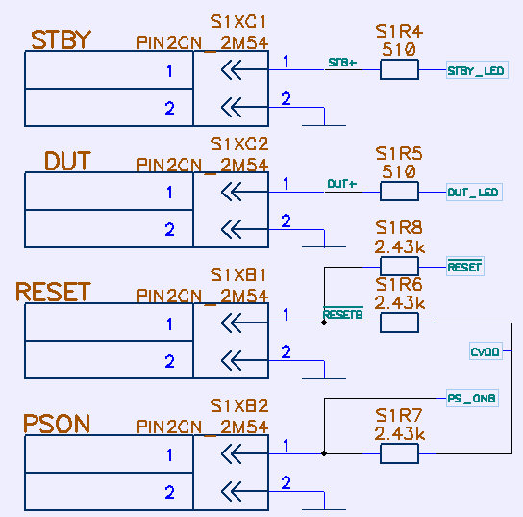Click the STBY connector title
tap(61, 39)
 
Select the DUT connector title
tap(67, 161)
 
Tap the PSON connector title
tap(57, 424)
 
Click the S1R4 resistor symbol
tap(399, 69)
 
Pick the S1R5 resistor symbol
tap(399, 192)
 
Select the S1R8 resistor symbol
tap(399, 267)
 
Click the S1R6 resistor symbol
tap(399, 323)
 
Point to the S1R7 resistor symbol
tap(399, 453)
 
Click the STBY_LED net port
tap(477, 70)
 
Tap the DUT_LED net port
tap(474, 192)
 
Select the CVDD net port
tap(486, 351)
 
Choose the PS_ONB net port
tap(472, 399)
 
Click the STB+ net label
tap(342, 63)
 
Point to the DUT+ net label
tap(342, 184)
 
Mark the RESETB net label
tap(343, 314)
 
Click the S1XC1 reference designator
tap(238, 22)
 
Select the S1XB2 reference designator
tap(239, 406)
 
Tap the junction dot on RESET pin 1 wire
tap(324, 323)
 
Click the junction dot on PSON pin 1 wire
tap(324, 453)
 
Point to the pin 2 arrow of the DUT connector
tap(244, 229)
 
